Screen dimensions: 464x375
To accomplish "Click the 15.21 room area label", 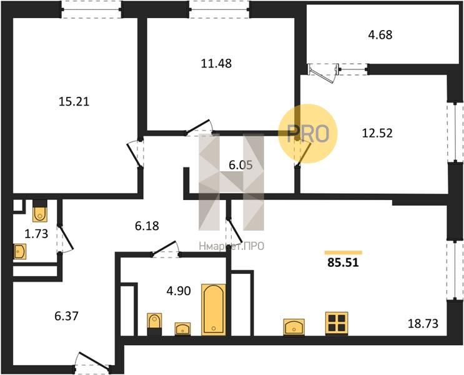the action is (x=74, y=102).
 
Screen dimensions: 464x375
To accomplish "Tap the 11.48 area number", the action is (x=216, y=63).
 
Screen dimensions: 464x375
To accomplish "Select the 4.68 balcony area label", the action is (x=380, y=34).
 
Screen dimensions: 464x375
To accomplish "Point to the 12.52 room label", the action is (x=377, y=133).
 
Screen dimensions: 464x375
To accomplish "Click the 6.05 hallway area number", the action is (x=241, y=165).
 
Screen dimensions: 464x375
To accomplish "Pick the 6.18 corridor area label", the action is (x=147, y=226).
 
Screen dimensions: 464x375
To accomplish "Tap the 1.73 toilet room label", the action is (x=36, y=234).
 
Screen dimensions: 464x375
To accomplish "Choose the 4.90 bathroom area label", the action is (x=179, y=291).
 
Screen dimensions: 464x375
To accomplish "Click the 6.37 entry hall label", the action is (x=66, y=316).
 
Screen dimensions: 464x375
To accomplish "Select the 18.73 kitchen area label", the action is (x=423, y=324).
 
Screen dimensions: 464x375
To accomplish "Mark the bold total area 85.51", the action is (x=343, y=262).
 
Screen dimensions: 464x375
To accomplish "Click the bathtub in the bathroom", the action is (x=214, y=309).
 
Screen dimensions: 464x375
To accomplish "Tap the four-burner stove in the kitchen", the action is (x=337, y=323).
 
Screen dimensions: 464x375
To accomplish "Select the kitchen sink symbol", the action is (x=294, y=327).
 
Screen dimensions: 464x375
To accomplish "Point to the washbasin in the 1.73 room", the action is (x=20, y=252).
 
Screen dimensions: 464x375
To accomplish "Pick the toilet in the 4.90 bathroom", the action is (x=154, y=324).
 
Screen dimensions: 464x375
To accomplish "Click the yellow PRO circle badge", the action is (x=308, y=133).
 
